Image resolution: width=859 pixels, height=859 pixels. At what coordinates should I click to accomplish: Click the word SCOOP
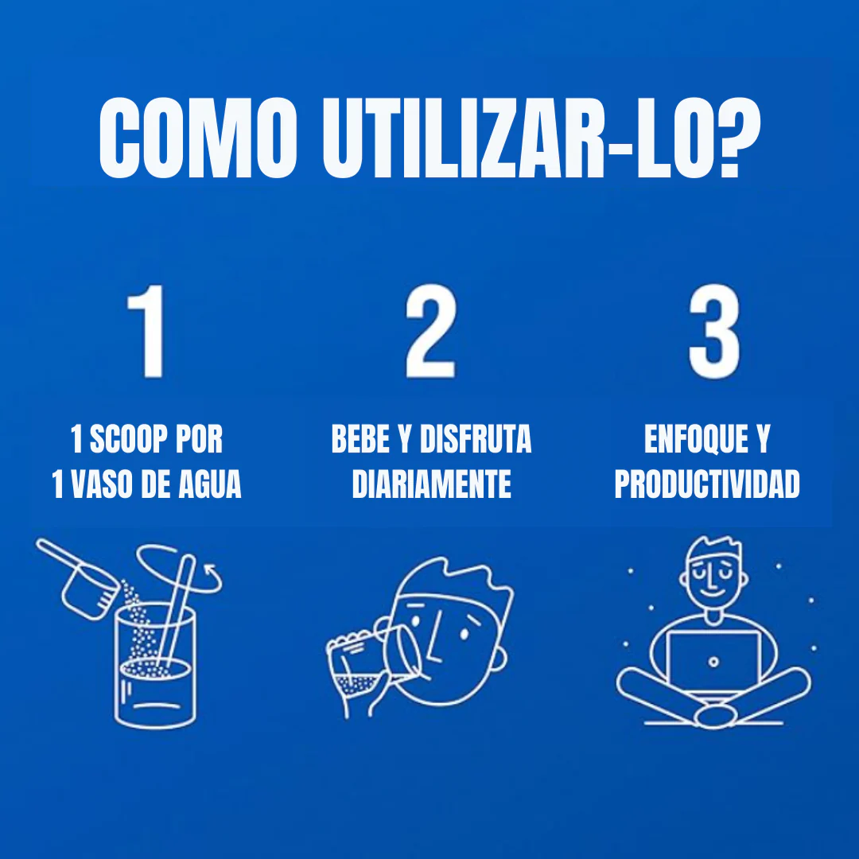(x=134, y=440)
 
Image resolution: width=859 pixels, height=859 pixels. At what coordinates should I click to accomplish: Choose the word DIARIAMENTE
(x=431, y=484)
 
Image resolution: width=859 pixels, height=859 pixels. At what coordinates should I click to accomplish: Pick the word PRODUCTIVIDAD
(x=707, y=484)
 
